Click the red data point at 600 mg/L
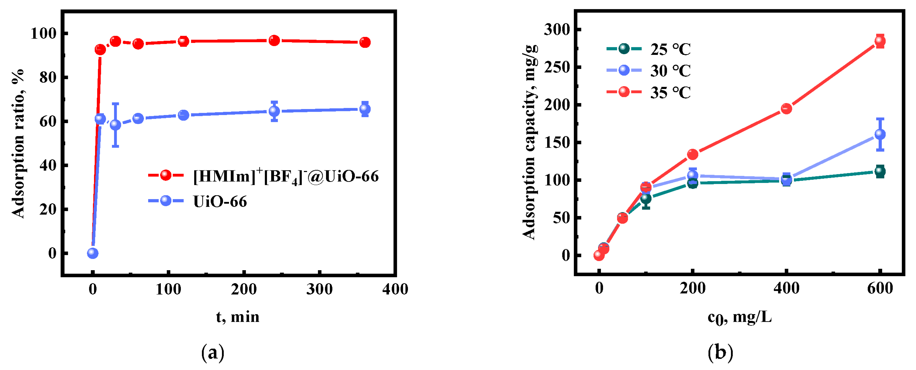(880, 41)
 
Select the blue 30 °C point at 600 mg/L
(880, 134)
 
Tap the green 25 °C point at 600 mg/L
(880, 172)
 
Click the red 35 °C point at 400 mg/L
(786, 109)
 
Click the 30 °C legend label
(670, 71)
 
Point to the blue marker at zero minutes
(92, 253)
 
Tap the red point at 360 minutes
(365, 42)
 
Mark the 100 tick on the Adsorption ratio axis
(43, 33)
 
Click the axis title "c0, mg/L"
(739, 317)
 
